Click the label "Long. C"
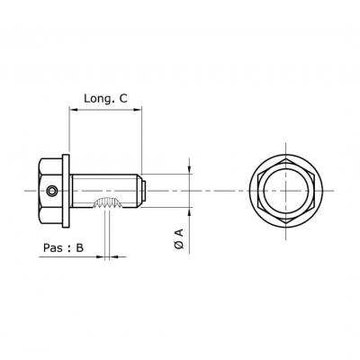pyautogui.click(x=105, y=98)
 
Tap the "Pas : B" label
pyautogui.click(x=63, y=247)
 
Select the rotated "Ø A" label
pyautogui.click(x=179, y=239)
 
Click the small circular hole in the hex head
pyautogui.click(x=52, y=191)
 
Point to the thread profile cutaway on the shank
pyautogui.click(x=108, y=202)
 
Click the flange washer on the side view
pyautogui.click(x=66, y=191)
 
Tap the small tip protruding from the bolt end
pyautogui.click(x=144, y=191)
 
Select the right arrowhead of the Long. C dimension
pyautogui.click(x=138, y=110)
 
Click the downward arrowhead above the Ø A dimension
pyautogui.click(x=189, y=170)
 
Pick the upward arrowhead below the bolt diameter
pyautogui.click(x=189, y=211)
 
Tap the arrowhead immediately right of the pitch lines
pyautogui.click(x=114, y=256)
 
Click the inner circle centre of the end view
pyautogui.click(x=286, y=191)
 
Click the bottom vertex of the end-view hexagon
pyautogui.click(x=286, y=223)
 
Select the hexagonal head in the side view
pyautogui.click(x=50, y=191)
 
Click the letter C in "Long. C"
pyautogui.click(x=123, y=98)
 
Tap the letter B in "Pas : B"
pyautogui.click(x=79, y=247)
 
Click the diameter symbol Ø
pyautogui.click(x=179, y=245)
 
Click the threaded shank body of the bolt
pyautogui.click(x=105, y=191)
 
